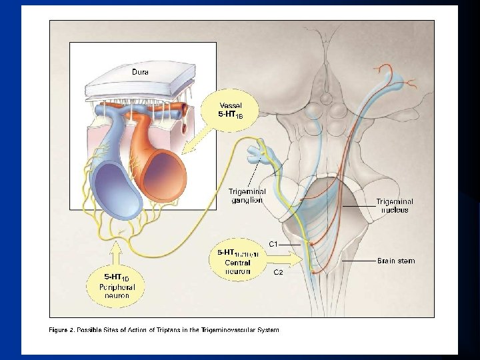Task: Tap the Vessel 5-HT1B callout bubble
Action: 234,109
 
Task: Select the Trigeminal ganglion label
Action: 246,195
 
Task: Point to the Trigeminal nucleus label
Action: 394,205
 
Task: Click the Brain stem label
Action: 396,260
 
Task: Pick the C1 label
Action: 273,244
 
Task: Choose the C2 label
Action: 279,272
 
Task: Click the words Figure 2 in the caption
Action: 64,330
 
